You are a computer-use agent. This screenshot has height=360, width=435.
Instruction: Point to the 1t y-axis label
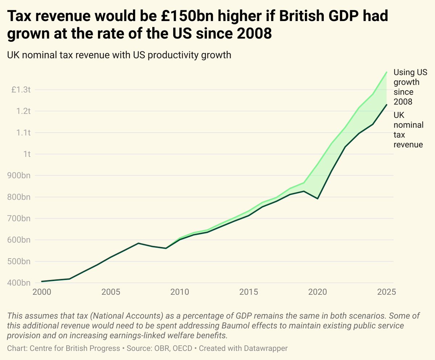point(27,154)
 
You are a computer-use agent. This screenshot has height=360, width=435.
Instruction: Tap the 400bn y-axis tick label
point(20,283)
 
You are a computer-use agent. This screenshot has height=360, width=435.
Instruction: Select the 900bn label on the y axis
point(20,175)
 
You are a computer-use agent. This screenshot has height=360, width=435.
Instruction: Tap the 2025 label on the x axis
point(385,292)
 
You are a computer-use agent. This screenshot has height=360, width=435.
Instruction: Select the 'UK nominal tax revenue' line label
point(408,130)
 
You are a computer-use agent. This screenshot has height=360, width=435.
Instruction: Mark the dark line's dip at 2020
point(318,199)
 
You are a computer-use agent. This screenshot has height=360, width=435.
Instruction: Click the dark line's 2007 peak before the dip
point(138,243)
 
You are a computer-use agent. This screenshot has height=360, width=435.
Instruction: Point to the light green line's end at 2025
point(387,72)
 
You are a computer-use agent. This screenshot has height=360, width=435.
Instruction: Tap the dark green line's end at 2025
point(387,105)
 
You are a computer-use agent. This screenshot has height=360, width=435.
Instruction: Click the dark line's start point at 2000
point(42,281)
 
